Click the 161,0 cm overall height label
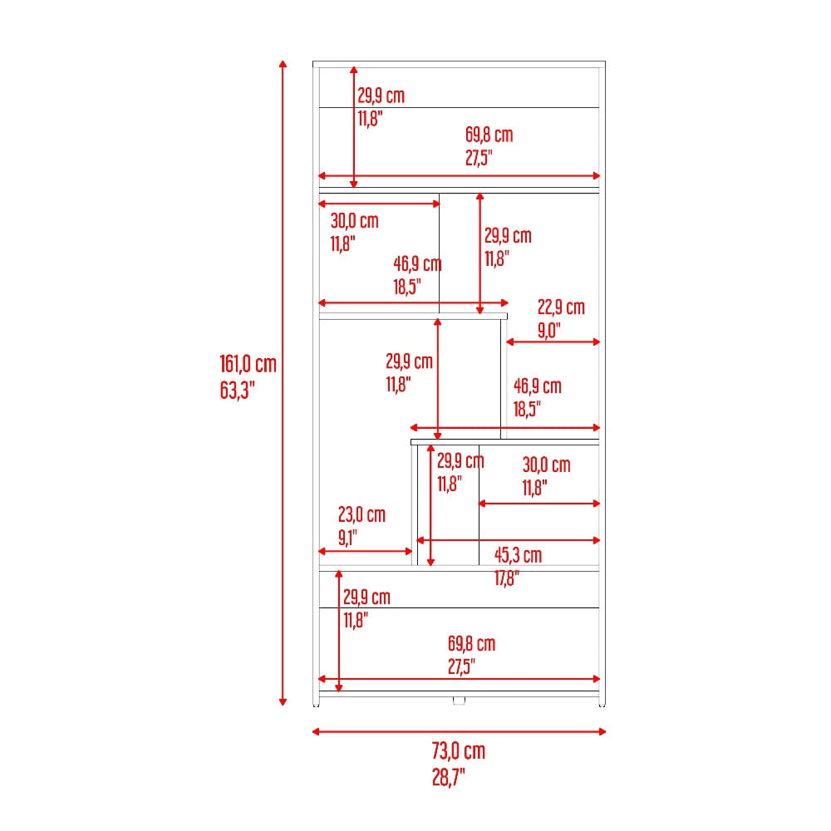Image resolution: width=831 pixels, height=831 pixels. [248, 364]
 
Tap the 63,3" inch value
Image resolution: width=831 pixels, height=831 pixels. [238, 391]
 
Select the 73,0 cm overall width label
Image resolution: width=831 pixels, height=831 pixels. [459, 751]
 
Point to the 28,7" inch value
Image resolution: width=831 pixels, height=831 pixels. [449, 778]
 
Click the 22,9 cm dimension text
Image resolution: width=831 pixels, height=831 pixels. [561, 307]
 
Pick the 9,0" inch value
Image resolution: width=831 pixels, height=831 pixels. [549, 330]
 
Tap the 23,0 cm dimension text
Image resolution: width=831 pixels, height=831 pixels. [362, 514]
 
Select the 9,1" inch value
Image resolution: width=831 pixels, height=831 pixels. [347, 538]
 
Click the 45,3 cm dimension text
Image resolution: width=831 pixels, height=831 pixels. [519, 555]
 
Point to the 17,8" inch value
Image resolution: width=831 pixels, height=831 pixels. [507, 578]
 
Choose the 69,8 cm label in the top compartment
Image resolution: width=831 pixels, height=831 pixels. [489, 135]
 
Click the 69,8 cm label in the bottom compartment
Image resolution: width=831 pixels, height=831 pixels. [472, 644]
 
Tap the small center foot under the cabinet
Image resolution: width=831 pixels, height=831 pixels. [459, 701]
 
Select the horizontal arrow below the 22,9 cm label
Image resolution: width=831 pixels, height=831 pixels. [553, 342]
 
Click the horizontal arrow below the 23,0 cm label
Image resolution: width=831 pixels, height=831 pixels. [366, 551]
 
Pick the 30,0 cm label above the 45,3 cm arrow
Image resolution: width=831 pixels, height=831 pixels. [547, 465]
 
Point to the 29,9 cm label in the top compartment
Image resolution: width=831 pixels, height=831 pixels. [381, 96]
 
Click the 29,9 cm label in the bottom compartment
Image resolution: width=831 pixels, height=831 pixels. [366, 597]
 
